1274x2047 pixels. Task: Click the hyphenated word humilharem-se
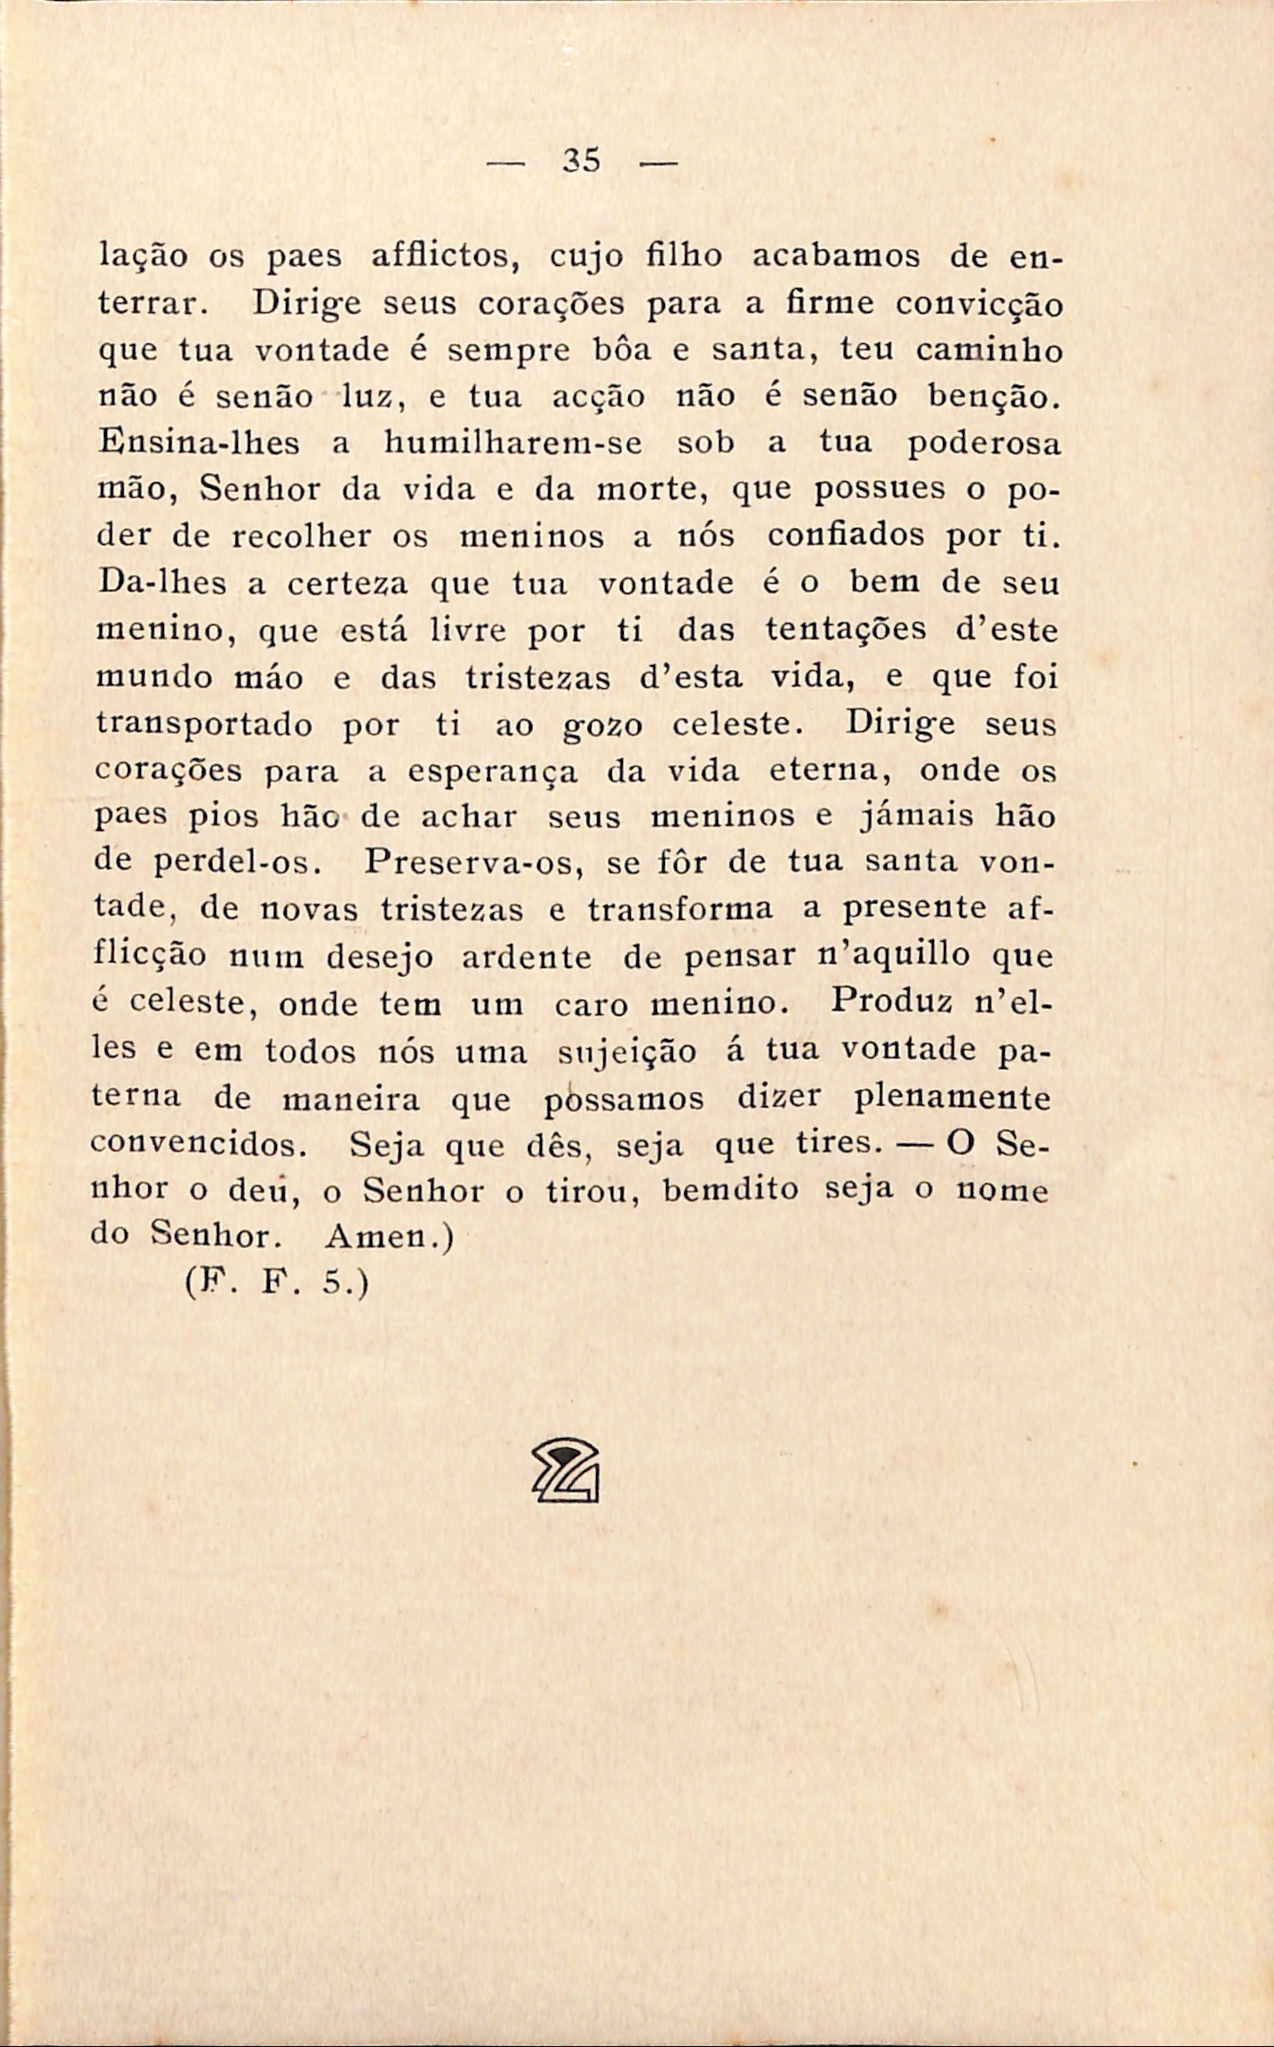tap(513, 444)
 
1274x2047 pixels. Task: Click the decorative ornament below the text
tap(566, 1470)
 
